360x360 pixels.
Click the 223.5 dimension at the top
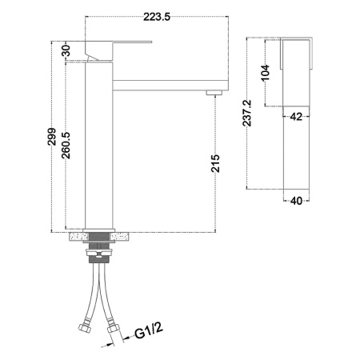tap(157, 17)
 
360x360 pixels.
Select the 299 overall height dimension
tap(52, 137)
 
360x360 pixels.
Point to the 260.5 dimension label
tap(66, 146)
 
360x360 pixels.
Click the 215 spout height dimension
tap(215, 163)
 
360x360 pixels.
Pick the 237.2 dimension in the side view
tap(247, 113)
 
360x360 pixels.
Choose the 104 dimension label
tap(265, 72)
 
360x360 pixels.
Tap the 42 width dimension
tap(296, 117)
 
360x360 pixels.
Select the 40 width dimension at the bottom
tap(296, 201)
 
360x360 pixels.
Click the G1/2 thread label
tap(148, 330)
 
